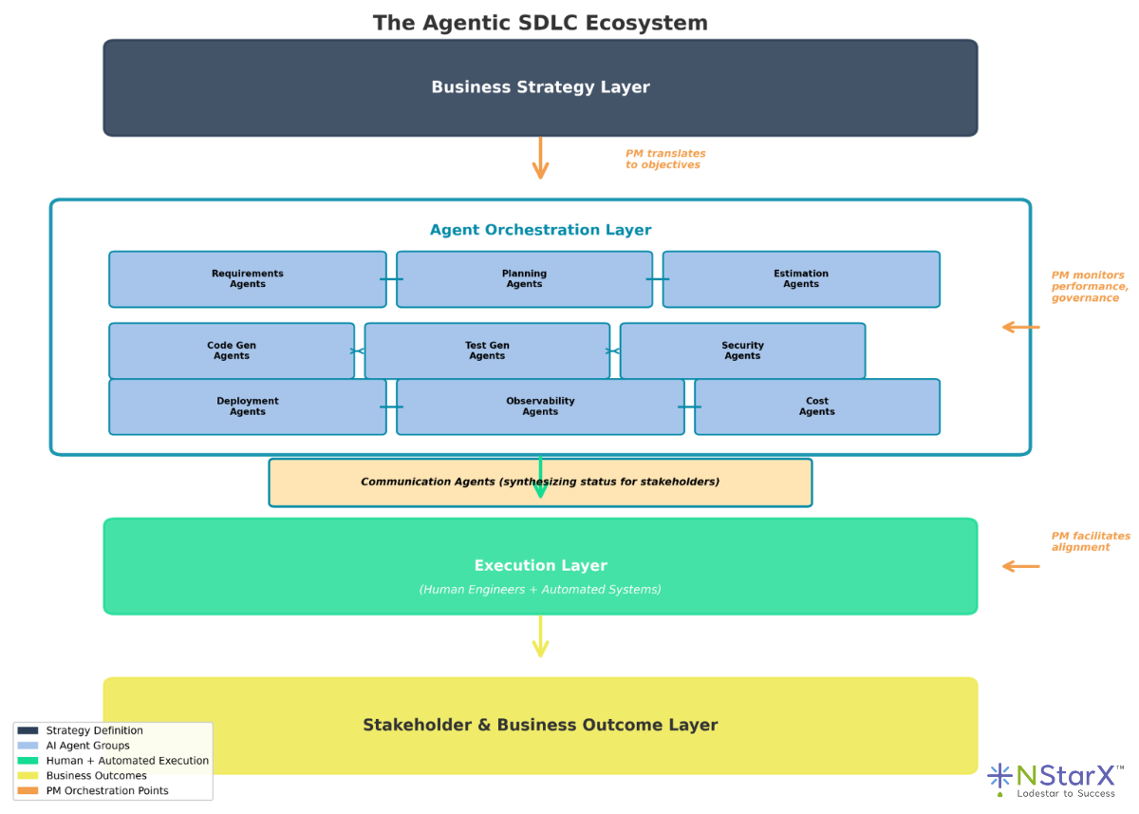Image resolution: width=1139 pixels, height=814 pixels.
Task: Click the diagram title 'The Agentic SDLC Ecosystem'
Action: click(540, 23)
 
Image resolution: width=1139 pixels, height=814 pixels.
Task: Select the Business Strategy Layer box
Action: click(540, 87)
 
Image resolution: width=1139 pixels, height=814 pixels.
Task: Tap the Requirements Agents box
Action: click(248, 279)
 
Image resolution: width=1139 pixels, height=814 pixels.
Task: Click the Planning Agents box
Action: click(524, 279)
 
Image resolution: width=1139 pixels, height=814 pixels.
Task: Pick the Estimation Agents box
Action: click(801, 279)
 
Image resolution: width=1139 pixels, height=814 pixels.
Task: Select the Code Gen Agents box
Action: click(232, 350)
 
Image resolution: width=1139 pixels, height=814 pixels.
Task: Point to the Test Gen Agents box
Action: click(487, 350)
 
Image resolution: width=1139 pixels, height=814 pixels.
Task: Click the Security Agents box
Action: click(742, 350)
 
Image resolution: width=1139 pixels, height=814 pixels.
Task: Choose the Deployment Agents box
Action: click(248, 407)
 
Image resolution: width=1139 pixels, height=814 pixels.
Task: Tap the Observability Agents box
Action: click(540, 407)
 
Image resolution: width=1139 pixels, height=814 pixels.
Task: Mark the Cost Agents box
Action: click(817, 407)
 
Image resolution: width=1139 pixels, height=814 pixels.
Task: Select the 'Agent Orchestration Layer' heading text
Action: click(540, 230)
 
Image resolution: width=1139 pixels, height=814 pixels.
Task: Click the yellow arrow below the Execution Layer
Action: click(540, 636)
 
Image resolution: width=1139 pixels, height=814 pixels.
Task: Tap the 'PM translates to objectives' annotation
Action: click(664, 160)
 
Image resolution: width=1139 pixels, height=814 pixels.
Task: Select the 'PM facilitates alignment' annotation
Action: click(1090, 541)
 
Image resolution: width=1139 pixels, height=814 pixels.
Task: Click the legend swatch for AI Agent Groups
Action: click(28, 746)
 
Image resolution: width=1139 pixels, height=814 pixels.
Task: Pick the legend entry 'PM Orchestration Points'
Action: click(107, 790)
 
